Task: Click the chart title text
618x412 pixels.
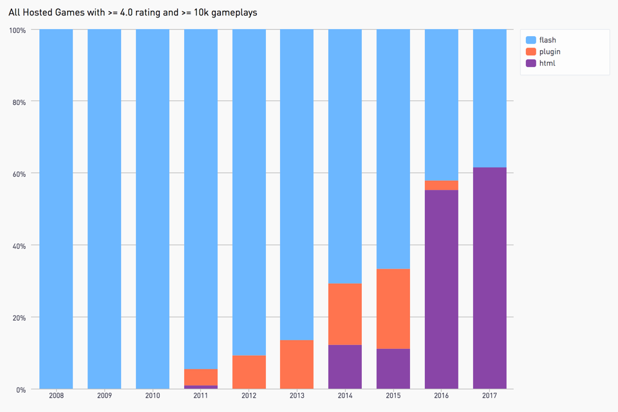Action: pos(133,12)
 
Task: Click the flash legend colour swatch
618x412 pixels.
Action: pos(531,40)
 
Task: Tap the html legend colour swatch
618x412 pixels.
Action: pos(531,63)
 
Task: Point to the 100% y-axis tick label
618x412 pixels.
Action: pos(17,30)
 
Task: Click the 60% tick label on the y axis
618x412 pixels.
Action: pos(19,174)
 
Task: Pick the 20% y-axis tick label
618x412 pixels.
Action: pos(19,317)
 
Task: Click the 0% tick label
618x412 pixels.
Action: pos(21,389)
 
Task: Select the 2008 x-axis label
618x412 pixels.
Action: pos(56,396)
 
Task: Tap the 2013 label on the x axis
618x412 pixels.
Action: pos(297,396)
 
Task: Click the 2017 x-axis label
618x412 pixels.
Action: pos(489,396)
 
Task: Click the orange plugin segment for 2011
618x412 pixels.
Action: pos(201,377)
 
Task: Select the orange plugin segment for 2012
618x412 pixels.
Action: pos(248,372)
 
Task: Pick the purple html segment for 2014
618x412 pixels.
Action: pos(345,367)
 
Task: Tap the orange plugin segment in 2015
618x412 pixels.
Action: pos(393,309)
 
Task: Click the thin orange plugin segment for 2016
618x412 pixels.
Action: pos(441,185)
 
